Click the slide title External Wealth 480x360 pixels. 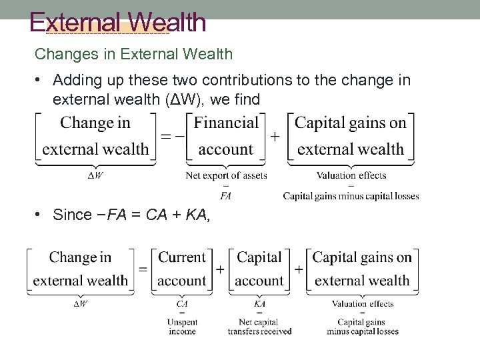click(x=118, y=23)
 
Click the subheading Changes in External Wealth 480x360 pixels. click(x=133, y=54)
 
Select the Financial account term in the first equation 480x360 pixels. click(x=226, y=136)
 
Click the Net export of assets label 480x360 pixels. click(x=226, y=175)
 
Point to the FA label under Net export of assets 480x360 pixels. click(x=226, y=196)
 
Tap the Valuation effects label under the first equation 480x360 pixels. click(x=351, y=175)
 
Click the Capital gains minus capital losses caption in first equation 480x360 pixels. click(x=351, y=196)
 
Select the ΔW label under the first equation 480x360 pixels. click(x=95, y=175)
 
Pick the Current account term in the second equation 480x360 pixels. click(x=181, y=269)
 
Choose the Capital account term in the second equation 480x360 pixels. click(x=259, y=269)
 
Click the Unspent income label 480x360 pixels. click(x=182, y=327)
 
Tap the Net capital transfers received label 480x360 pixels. click(x=259, y=327)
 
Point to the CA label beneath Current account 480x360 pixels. click(x=182, y=304)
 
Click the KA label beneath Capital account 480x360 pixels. click(x=259, y=304)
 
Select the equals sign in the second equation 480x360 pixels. click(x=143, y=269)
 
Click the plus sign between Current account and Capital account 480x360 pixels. click(x=220, y=269)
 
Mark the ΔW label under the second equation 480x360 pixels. click(x=80, y=304)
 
